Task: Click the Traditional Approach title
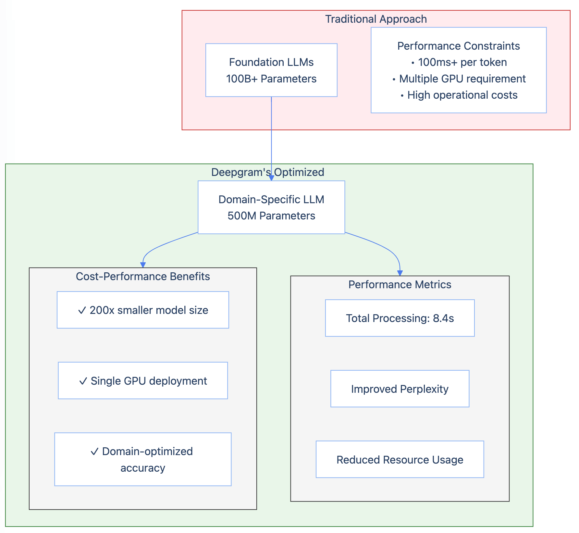(376, 19)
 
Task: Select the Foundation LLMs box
(271, 70)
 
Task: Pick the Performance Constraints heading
(458, 46)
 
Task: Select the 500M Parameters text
(271, 216)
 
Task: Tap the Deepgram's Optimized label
(267, 172)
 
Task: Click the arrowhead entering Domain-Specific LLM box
(271, 178)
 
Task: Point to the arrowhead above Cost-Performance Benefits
(143, 265)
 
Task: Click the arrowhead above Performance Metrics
(400, 273)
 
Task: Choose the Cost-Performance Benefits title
(143, 277)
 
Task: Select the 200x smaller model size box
(143, 310)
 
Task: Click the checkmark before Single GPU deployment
(83, 381)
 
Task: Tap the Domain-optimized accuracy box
(143, 459)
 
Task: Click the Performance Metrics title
(400, 285)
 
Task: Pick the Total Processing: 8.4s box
(400, 318)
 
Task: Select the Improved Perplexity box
(400, 389)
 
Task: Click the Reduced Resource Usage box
(400, 460)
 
